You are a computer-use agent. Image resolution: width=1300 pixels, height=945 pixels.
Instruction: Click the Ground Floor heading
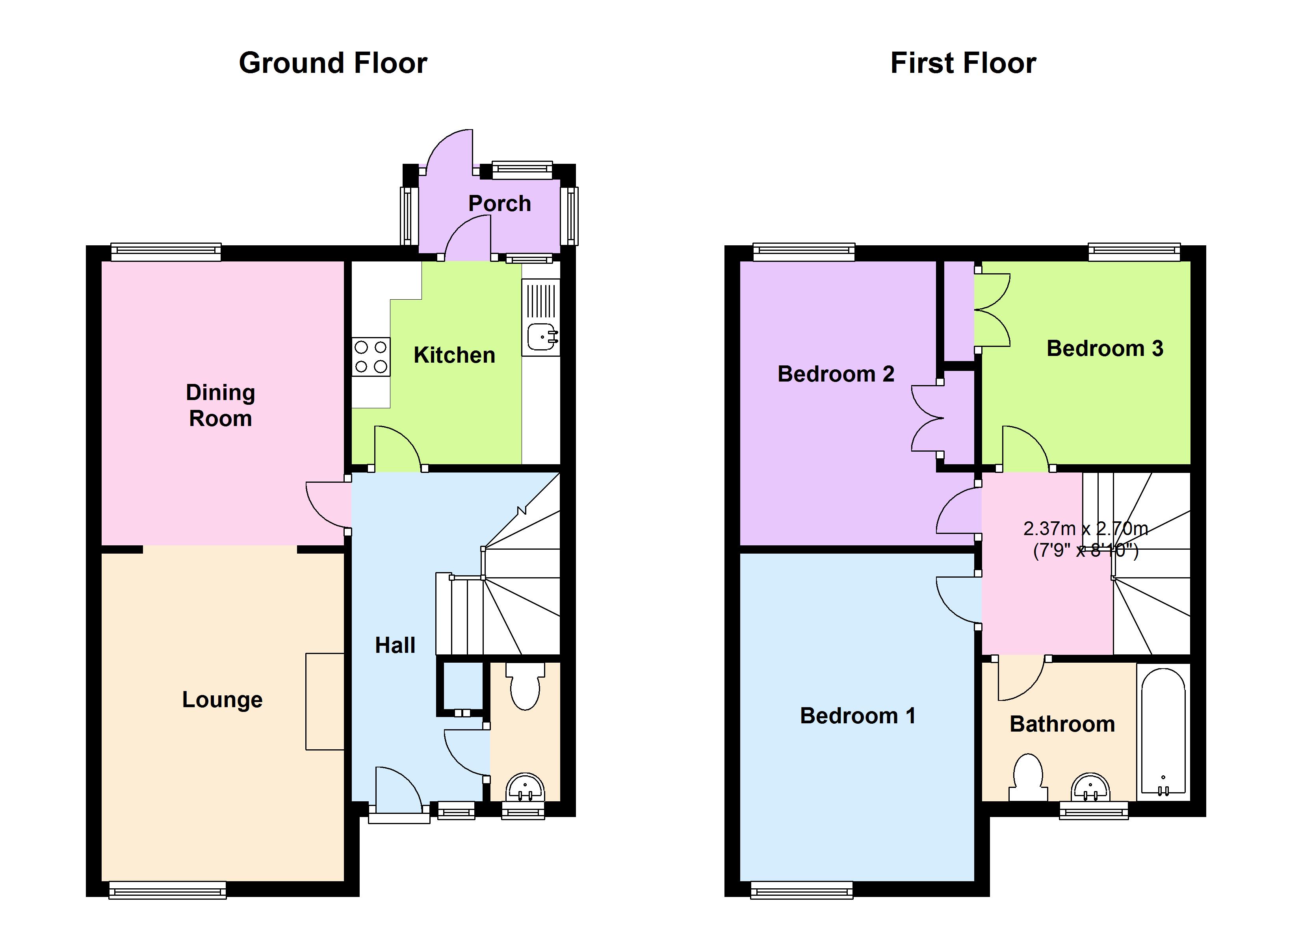333,63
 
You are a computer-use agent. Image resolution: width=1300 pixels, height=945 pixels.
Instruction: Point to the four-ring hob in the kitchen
371,356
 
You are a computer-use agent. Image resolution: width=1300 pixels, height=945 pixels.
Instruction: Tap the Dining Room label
220,405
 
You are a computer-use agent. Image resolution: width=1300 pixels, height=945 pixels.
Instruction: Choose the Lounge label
223,700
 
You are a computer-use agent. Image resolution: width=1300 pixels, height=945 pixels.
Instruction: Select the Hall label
395,645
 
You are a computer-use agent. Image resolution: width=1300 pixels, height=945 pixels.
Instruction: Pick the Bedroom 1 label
858,716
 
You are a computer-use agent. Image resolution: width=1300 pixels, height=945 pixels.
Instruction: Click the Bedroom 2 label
836,374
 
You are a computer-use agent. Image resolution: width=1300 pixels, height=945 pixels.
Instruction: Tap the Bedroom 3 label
1105,348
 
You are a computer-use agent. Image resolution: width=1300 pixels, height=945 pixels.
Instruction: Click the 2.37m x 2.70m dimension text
1086,528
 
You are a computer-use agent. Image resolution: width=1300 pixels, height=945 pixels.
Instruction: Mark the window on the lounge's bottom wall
167,890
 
